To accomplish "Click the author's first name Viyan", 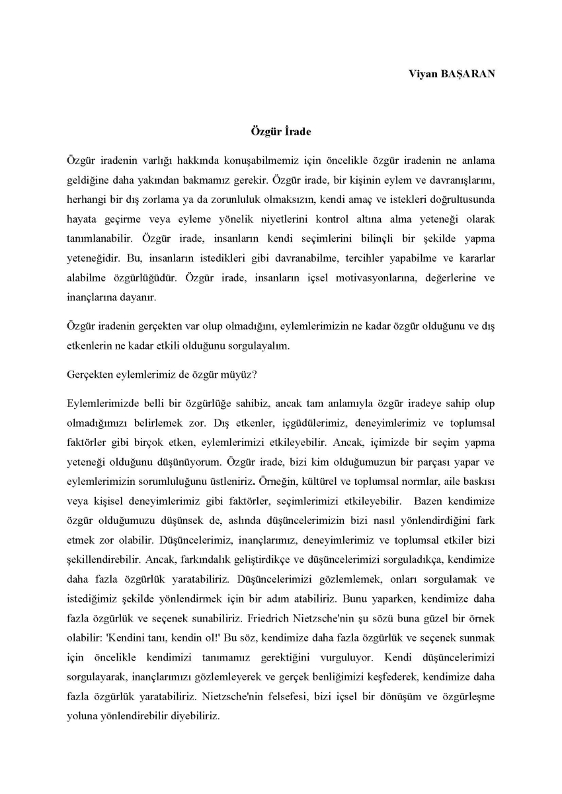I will click(421, 73).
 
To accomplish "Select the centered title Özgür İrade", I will click(281, 131).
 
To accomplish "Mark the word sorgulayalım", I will click(257, 344).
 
